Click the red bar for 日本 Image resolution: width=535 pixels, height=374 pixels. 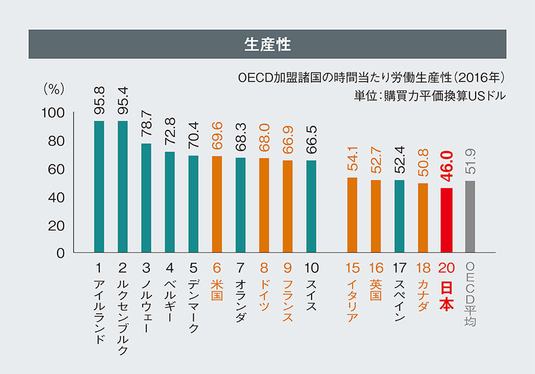tap(446, 220)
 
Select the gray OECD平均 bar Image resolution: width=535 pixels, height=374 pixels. tap(470, 217)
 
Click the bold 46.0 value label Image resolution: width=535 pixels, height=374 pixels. tap(446, 170)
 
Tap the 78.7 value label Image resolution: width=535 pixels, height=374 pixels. tap(146, 126)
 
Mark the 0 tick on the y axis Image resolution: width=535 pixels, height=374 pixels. tap(61, 254)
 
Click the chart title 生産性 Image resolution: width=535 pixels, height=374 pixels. tap(267, 44)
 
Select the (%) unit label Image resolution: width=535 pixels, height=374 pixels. tap(53, 89)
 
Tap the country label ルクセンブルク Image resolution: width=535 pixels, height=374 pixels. tap(123, 309)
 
